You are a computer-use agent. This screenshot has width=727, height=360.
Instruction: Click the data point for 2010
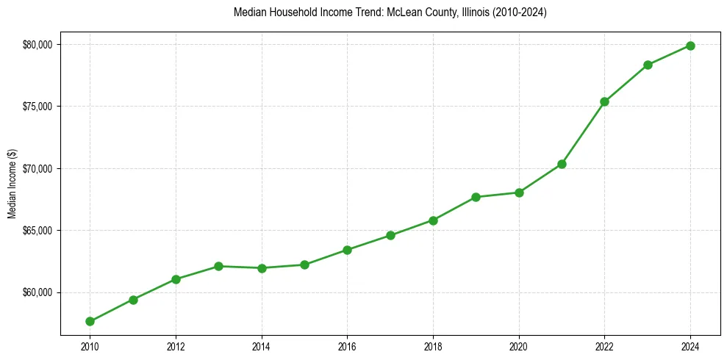click(90, 321)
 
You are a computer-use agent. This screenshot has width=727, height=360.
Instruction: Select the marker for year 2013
click(218, 266)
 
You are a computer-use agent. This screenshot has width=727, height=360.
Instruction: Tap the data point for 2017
click(390, 235)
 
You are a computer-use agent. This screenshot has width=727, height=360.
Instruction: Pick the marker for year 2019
click(476, 197)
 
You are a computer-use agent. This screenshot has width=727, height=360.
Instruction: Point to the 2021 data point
click(562, 164)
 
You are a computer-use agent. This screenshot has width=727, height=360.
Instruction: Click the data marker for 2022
click(604, 101)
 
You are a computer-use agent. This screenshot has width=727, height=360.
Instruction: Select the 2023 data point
click(648, 65)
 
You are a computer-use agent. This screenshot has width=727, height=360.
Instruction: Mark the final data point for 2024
click(690, 46)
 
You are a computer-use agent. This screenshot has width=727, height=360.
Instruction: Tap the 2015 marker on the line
click(304, 264)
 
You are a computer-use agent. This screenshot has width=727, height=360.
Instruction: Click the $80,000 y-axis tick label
click(37, 45)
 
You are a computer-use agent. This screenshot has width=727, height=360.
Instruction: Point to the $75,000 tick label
click(37, 107)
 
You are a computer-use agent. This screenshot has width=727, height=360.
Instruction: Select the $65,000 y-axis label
click(37, 231)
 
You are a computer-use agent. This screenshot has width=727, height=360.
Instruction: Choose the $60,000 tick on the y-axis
click(37, 292)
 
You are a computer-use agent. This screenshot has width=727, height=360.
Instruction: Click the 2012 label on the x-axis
click(176, 346)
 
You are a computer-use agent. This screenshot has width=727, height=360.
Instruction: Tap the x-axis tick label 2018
click(433, 346)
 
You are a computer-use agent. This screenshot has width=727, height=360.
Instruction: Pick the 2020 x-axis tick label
click(519, 346)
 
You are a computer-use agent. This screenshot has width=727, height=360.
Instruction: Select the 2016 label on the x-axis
click(347, 346)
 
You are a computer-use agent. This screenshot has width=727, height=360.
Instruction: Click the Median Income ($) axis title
click(12, 184)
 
